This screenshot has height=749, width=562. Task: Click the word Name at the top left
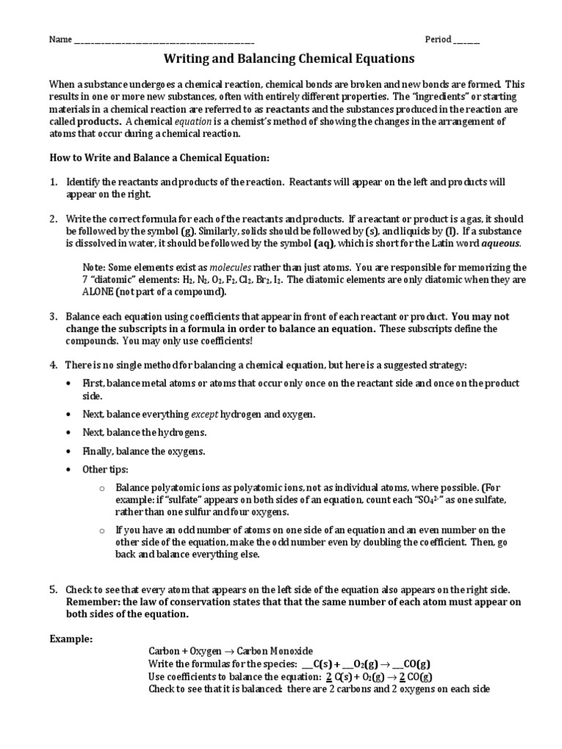click(x=60, y=39)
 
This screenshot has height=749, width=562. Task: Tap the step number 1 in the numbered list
click(x=53, y=181)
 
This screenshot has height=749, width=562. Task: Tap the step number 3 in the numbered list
click(x=53, y=317)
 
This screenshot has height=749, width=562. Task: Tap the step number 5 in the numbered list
click(x=53, y=590)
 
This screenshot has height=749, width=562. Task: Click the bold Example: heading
click(x=71, y=639)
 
